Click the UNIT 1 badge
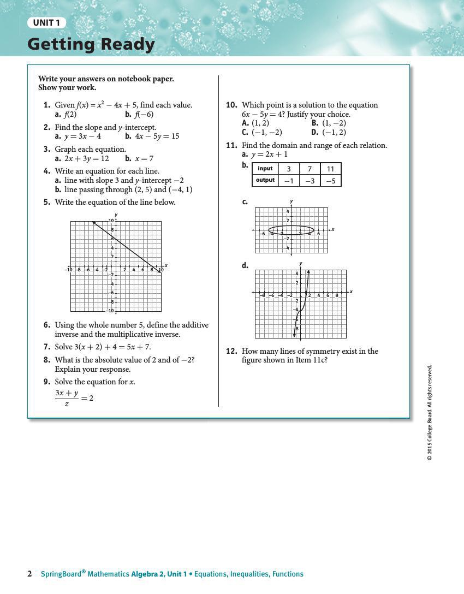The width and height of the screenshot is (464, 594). [46, 23]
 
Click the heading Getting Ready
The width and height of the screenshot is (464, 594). [91, 44]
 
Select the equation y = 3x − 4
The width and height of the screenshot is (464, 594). [82, 136]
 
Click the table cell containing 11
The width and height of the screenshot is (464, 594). [330, 169]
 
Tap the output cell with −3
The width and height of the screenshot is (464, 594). [310, 181]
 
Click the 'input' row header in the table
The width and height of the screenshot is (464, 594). [265, 169]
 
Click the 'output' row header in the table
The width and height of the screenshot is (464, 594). [265, 180]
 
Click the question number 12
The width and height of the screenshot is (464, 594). [231, 352]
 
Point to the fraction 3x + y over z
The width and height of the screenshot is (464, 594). [67, 398]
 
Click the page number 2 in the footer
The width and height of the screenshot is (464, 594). [29, 574]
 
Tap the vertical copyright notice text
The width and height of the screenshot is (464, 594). [430, 412]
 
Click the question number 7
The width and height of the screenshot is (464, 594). [47, 347]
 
